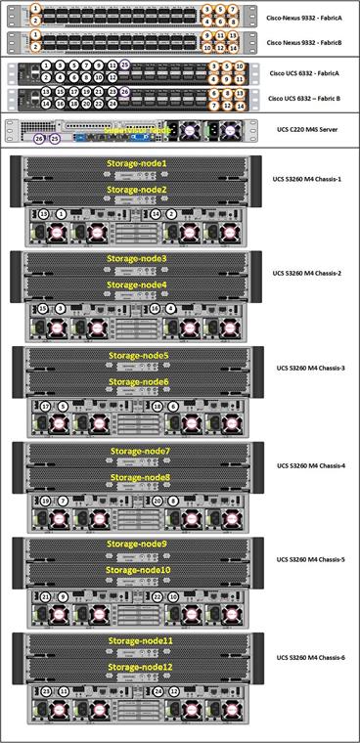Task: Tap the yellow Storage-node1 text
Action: [x=137, y=164]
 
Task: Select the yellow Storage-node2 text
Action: [x=137, y=190]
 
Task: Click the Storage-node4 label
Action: [x=137, y=285]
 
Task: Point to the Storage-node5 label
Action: [x=138, y=357]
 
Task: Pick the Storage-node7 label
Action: [x=140, y=452]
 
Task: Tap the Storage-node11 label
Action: [x=141, y=641]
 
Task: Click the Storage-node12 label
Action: [x=141, y=667]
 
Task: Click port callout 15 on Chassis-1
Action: [x=43, y=213]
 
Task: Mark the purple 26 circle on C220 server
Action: [x=39, y=140]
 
